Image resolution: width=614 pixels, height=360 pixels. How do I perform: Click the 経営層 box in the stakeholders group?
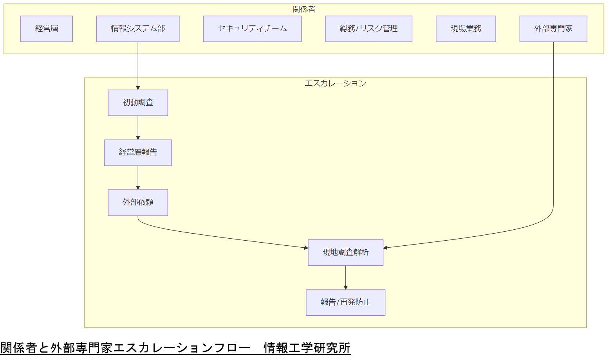point(47,29)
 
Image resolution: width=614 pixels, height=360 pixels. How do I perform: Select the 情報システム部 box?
point(138,29)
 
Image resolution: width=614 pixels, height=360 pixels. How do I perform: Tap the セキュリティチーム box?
point(252,29)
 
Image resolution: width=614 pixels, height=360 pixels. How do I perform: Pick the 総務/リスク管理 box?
point(368,29)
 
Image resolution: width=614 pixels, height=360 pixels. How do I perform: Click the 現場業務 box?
point(466,29)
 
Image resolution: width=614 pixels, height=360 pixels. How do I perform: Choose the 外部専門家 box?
point(553,29)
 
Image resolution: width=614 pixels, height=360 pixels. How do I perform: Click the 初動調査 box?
point(138,103)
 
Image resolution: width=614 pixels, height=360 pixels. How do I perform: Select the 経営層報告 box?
point(138,153)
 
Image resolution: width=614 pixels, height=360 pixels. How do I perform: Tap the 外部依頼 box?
point(138,202)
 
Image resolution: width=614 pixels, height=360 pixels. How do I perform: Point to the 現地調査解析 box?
point(345,252)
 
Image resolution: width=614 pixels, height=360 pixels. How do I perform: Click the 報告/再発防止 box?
point(345,302)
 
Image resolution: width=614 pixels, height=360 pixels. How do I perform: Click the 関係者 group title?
point(304,9)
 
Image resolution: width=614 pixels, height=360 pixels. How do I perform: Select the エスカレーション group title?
point(335,83)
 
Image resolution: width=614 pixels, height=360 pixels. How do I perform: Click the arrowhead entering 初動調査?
point(138,88)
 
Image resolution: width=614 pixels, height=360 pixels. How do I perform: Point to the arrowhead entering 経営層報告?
point(138,137)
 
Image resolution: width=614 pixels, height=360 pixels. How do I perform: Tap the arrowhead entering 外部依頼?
point(138,187)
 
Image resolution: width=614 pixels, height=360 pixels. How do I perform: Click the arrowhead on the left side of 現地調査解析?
point(306,248)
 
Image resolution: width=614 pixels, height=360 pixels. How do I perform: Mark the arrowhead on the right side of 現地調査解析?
point(386,248)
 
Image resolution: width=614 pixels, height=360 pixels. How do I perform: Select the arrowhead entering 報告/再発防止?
point(345,287)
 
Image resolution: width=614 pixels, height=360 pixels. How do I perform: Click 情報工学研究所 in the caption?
point(307,348)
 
